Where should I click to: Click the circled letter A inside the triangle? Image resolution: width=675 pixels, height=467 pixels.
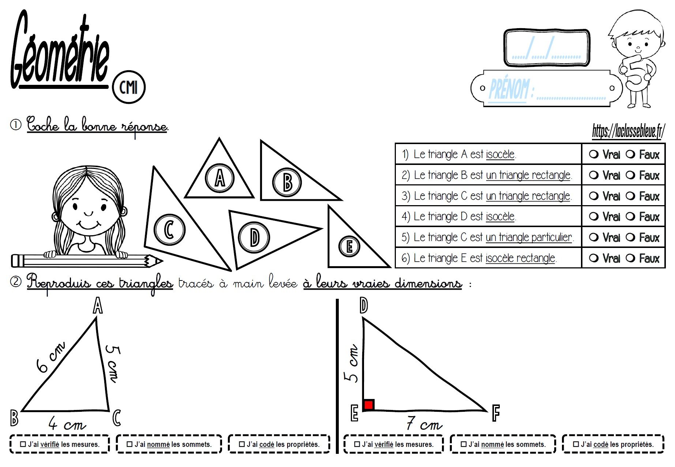[x=220, y=178]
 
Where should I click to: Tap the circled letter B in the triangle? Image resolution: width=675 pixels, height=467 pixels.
[x=287, y=182]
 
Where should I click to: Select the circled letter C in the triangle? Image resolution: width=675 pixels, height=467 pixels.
[x=169, y=230]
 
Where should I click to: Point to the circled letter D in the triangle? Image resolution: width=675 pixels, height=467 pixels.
[x=254, y=237]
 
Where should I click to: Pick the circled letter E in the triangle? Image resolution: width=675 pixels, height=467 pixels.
[x=349, y=246]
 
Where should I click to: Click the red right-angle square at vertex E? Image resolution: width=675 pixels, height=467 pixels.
[x=368, y=405]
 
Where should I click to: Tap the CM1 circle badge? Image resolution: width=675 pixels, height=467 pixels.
[x=128, y=87]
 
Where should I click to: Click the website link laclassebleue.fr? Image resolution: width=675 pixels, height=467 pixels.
[x=628, y=131]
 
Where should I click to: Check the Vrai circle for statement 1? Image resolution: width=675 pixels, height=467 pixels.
[x=594, y=154]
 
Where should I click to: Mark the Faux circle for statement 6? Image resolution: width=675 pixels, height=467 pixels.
[x=630, y=258]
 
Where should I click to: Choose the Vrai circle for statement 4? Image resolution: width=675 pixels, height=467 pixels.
[x=594, y=216]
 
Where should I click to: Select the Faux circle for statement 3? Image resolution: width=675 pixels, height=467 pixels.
[x=630, y=196]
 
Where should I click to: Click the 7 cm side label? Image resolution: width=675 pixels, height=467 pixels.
[x=424, y=424]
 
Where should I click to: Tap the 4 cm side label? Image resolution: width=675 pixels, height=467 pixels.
[x=67, y=424]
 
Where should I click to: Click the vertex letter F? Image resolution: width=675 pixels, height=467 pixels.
[x=496, y=413]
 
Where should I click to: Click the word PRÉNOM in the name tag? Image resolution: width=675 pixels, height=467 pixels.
[x=509, y=89]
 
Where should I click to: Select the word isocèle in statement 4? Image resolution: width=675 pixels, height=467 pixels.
[x=500, y=217]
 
